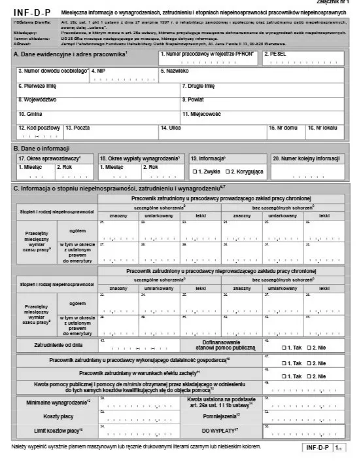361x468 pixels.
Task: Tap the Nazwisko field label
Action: pos(175,69)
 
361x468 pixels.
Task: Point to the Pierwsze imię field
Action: pos(98,90)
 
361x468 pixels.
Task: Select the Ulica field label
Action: pos(169,128)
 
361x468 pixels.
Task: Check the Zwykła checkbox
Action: pos(194,171)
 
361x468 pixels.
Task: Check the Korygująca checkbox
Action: pos(227,171)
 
